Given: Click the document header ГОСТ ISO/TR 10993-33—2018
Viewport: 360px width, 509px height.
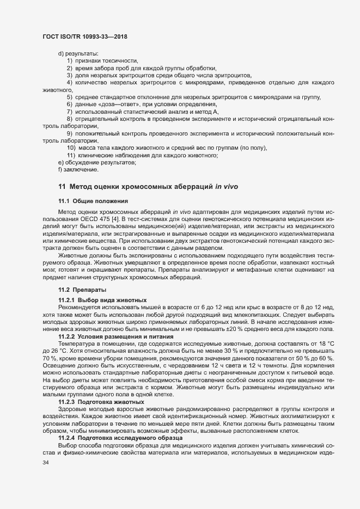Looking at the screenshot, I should point(84,36).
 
